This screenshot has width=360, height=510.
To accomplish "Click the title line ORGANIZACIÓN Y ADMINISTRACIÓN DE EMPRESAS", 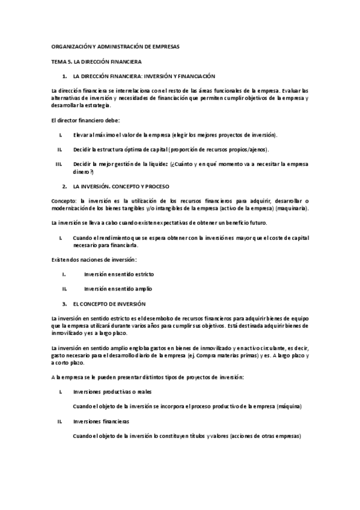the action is (x=115, y=47).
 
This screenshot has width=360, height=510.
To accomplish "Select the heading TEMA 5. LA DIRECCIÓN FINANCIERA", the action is (x=96, y=62).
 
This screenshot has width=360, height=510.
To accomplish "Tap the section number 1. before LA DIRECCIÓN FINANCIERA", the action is (x=64, y=76).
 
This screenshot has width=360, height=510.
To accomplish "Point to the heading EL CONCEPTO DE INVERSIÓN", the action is (x=109, y=304).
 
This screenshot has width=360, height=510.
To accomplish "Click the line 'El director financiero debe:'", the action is (x=82, y=120).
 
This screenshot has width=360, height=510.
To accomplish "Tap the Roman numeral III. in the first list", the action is (x=59, y=164).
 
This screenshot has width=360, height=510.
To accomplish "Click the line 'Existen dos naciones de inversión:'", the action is (x=94, y=259).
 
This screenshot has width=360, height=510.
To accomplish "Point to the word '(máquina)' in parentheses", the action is (x=289, y=406).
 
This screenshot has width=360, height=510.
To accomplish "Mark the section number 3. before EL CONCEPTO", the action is (x=64, y=304).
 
